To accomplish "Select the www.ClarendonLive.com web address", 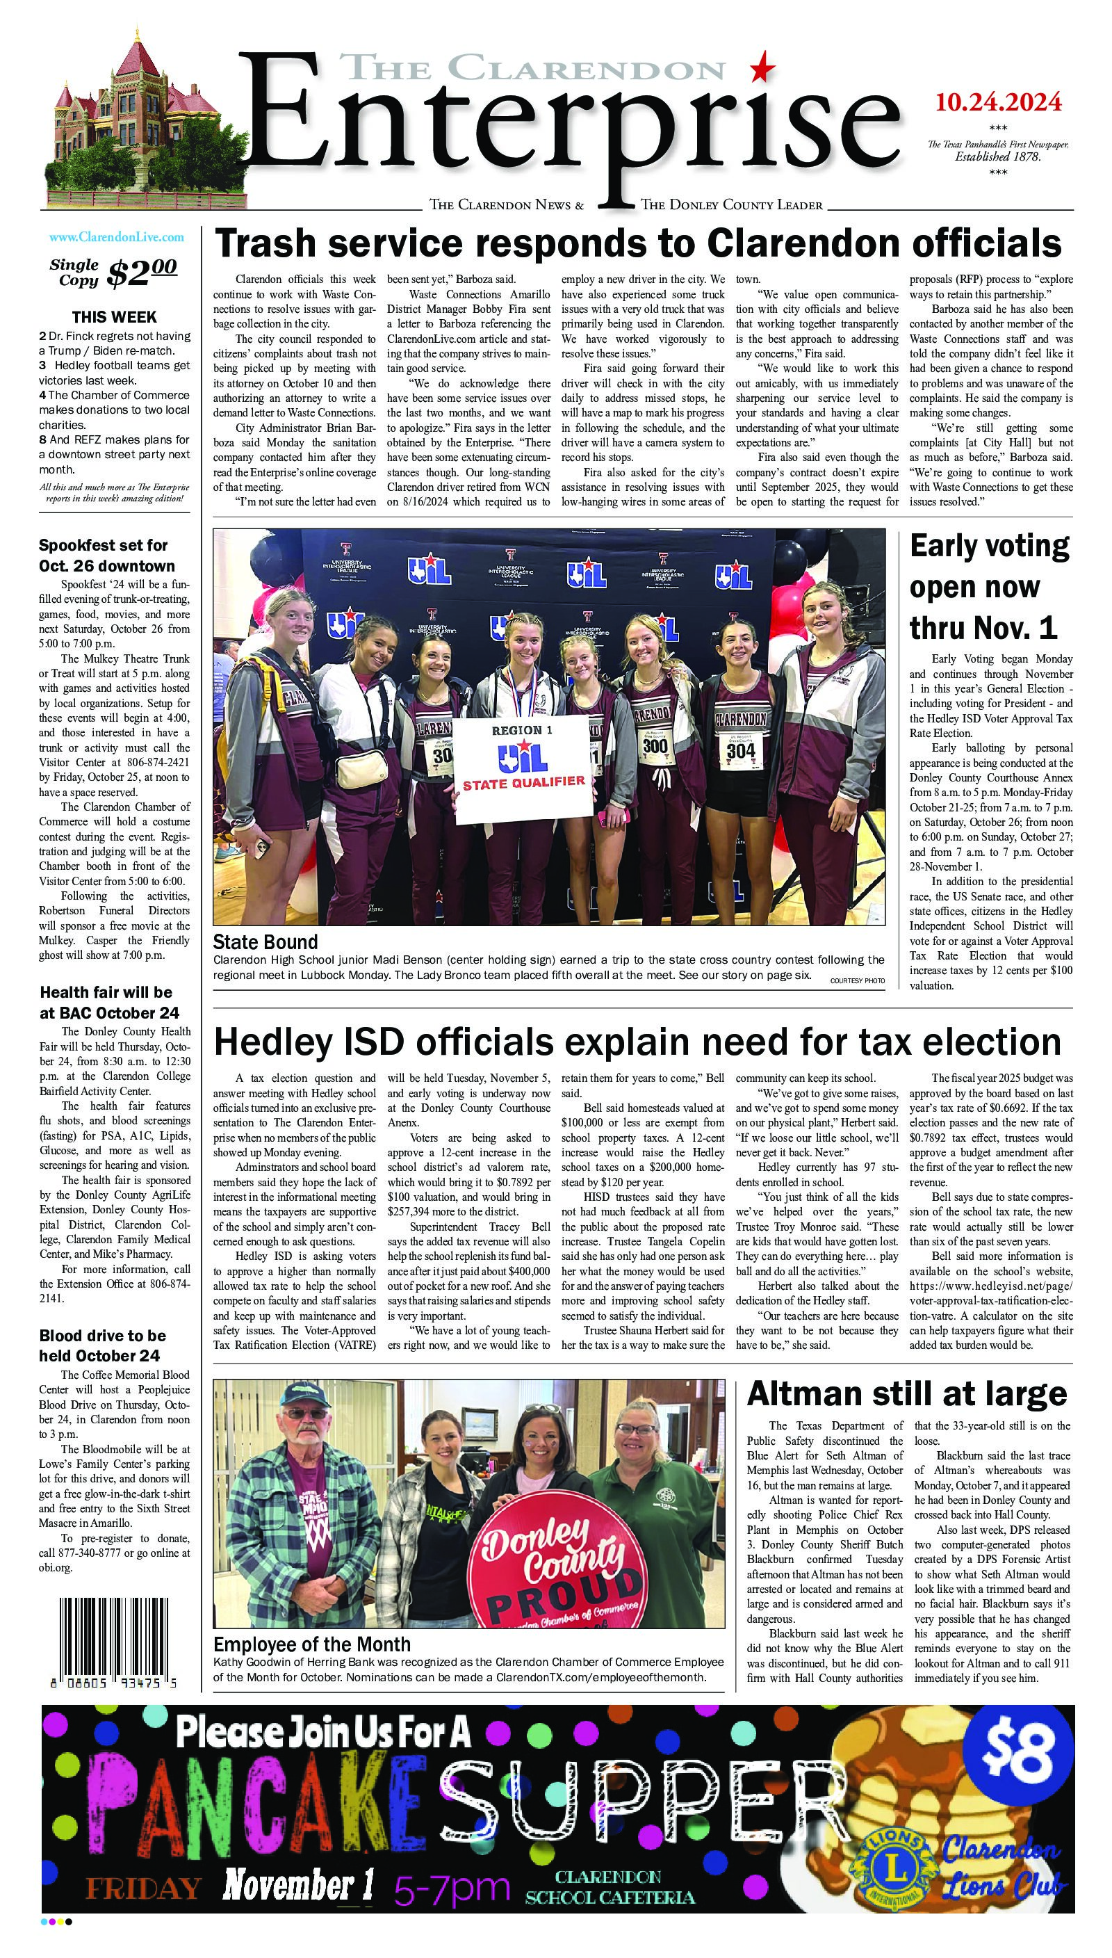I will click(115, 238).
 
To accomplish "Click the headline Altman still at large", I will click(906, 1393).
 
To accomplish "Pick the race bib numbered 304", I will click(740, 750).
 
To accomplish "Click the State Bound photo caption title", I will click(265, 941).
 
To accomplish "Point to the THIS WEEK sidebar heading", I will click(115, 317).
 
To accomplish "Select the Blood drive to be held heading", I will click(102, 1345).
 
